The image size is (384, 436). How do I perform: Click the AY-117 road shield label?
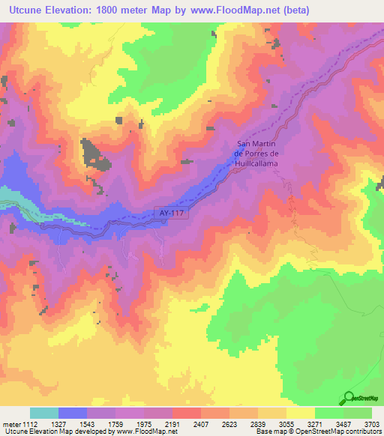(172, 214)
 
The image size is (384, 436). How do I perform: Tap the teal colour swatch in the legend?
(44, 412)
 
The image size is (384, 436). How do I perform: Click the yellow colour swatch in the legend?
(300, 412)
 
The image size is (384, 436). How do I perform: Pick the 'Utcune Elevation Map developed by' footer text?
(56, 431)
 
